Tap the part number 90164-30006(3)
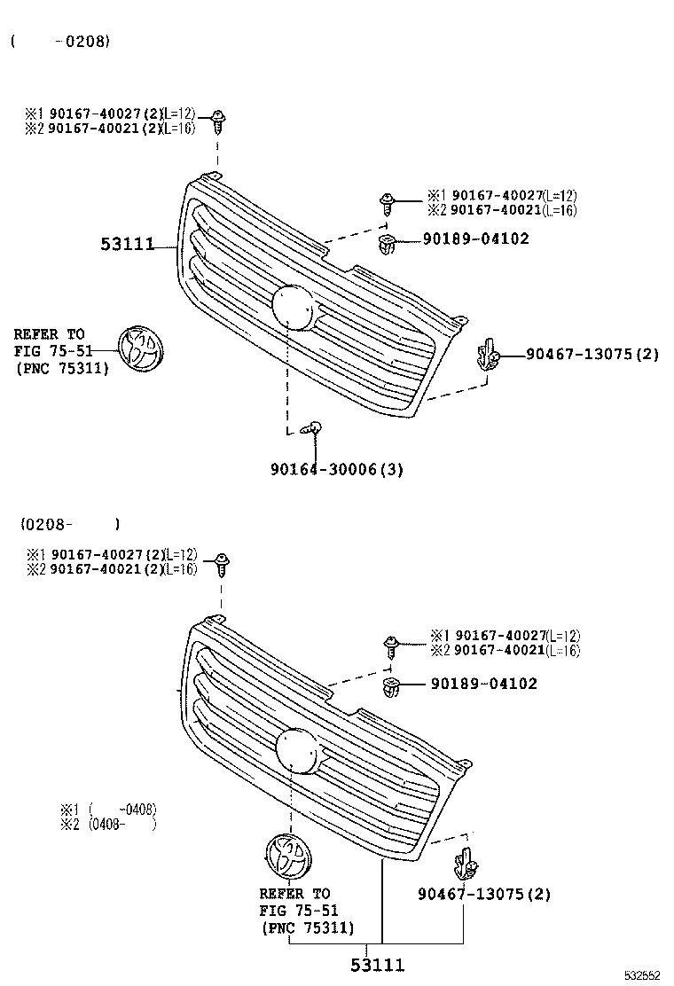[x=336, y=470]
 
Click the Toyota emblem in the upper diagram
[x=141, y=348]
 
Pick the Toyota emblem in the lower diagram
[x=287, y=857]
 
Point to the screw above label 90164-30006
[x=312, y=429]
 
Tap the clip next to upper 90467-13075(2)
[x=487, y=356]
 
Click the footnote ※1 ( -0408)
[x=108, y=809]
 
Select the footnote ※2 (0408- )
[x=108, y=824]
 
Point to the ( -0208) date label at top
[x=60, y=41]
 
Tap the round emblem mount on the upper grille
[x=295, y=307]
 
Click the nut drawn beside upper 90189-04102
[x=386, y=242]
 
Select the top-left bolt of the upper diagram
[x=218, y=121]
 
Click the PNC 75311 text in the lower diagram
[x=308, y=928]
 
